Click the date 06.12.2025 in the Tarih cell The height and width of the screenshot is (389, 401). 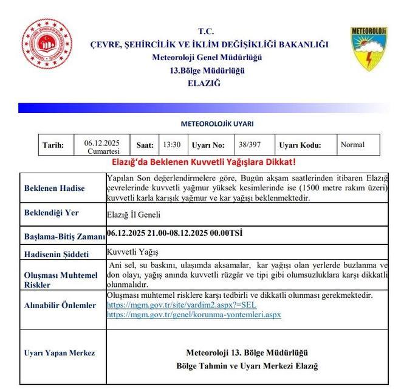coord(101,143)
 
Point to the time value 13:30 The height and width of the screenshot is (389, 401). coord(171,145)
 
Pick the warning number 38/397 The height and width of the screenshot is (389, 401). coord(249,145)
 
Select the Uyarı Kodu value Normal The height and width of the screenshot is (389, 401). coord(352,145)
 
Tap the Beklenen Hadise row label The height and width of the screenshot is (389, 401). coord(55,188)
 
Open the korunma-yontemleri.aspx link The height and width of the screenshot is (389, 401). coord(194,314)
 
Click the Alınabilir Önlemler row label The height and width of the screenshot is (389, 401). coord(60,305)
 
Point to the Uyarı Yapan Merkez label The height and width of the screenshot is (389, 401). coord(59,353)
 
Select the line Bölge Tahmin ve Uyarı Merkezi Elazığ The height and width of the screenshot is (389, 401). coord(247,366)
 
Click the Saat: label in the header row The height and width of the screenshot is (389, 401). coord(145,145)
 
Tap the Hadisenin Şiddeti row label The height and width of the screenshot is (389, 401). coord(56,254)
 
